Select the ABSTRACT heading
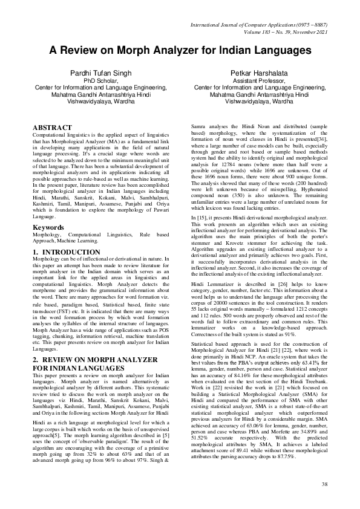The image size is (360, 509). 53,128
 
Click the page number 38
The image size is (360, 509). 324,484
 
